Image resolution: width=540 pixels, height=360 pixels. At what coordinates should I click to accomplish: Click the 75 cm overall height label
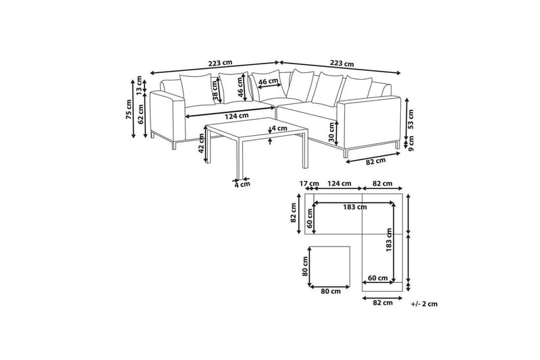[x=128, y=109]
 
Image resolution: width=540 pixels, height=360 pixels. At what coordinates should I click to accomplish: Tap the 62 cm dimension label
[x=140, y=114]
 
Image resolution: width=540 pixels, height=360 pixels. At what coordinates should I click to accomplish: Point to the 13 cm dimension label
[x=139, y=85]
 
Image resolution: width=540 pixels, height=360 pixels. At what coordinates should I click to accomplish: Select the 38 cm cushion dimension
[x=216, y=91]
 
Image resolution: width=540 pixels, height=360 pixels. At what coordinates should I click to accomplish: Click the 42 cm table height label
[x=202, y=143]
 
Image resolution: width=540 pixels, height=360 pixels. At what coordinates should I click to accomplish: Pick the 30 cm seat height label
[x=331, y=132]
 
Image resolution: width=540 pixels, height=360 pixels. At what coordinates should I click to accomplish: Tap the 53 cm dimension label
[x=410, y=119]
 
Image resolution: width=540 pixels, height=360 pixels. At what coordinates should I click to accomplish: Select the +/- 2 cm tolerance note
[x=425, y=304]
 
